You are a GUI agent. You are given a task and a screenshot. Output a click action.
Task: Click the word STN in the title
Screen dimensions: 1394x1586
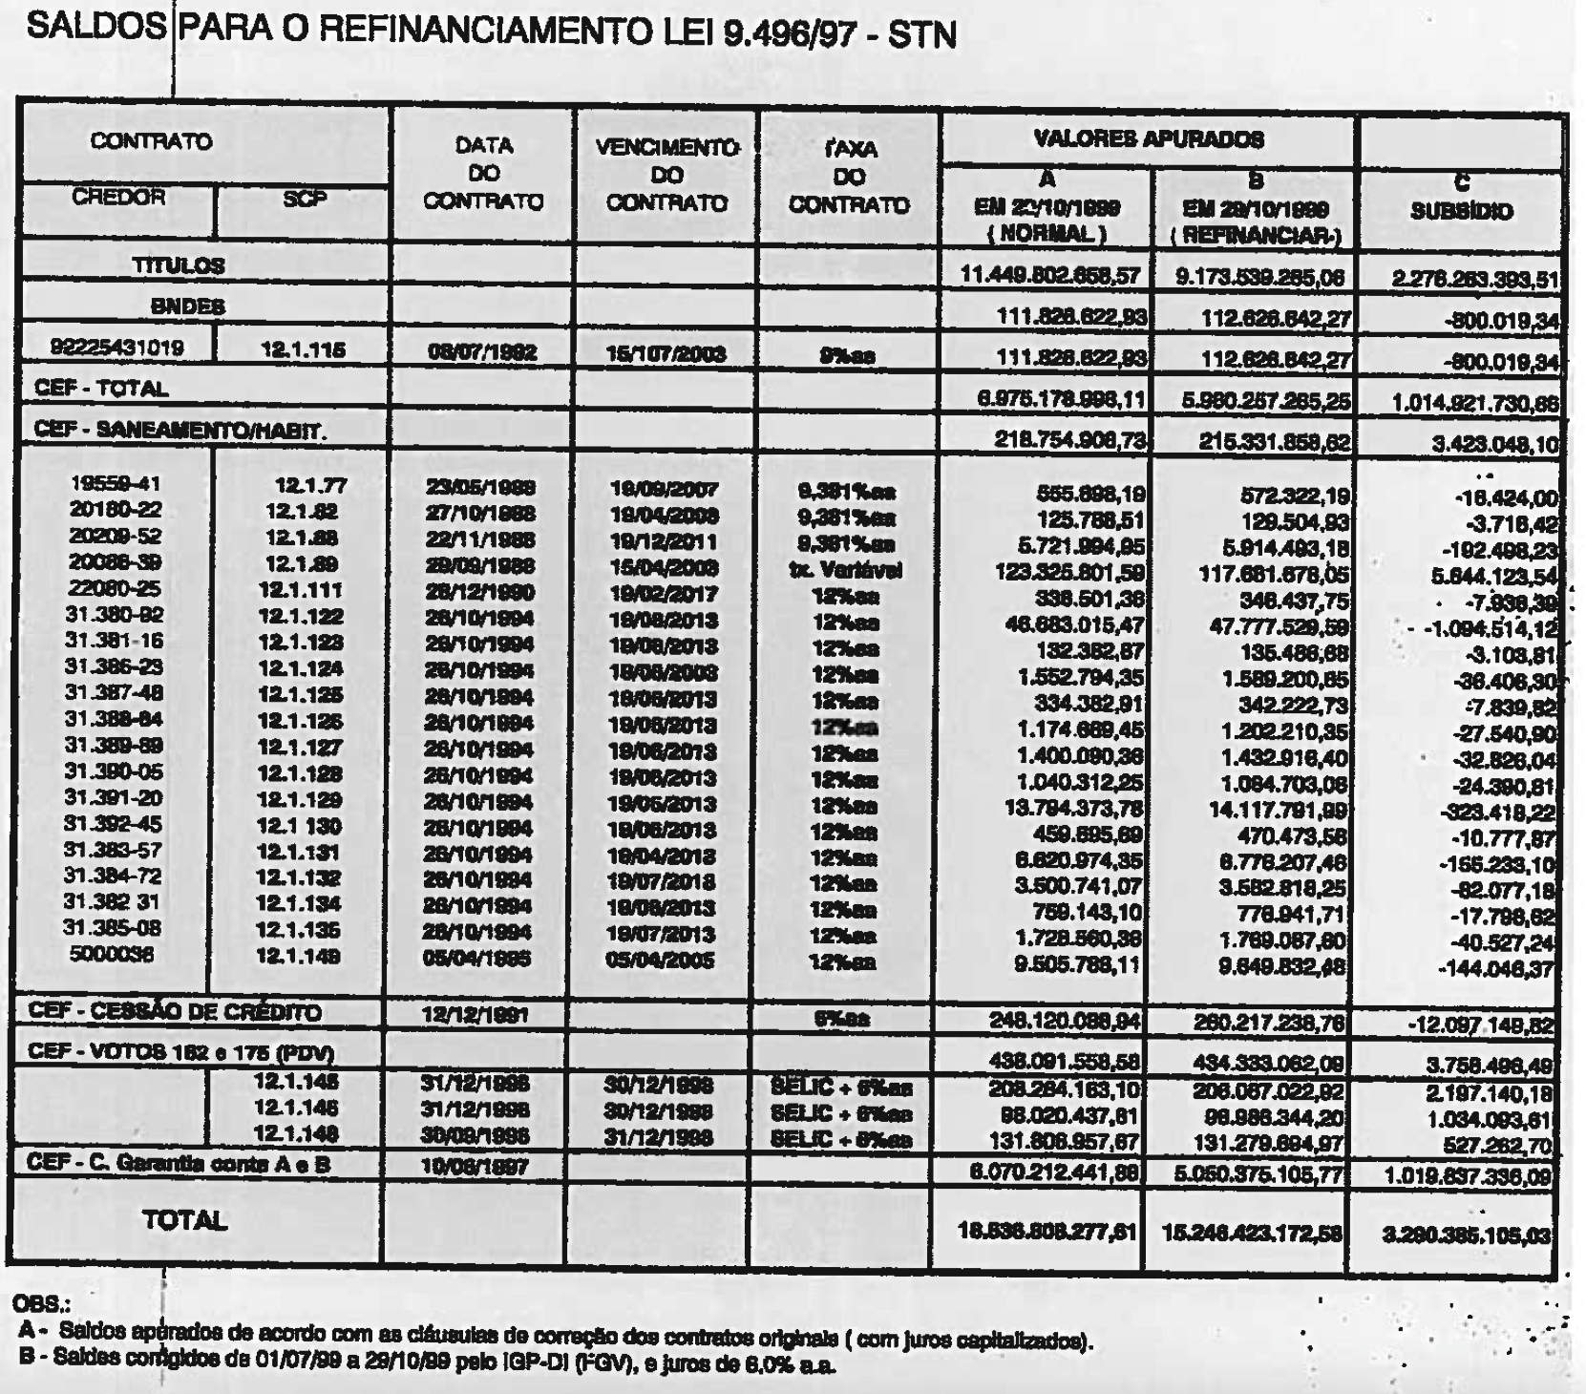921,34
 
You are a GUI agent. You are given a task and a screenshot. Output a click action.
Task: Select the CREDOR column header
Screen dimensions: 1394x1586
118,198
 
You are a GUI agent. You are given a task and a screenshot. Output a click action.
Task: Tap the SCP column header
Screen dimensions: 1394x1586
305,199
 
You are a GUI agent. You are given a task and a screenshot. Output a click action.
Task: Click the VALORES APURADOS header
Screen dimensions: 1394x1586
1149,139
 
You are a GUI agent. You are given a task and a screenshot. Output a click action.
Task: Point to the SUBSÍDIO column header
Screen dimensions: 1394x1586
1461,211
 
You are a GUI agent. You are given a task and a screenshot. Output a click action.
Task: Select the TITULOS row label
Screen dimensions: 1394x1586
179,265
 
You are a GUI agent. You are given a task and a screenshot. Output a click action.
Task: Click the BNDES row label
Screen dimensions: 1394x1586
187,306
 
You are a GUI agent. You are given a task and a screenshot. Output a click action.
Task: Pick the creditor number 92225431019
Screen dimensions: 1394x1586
117,348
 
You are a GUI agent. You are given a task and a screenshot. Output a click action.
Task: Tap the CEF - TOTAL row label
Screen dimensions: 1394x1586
101,389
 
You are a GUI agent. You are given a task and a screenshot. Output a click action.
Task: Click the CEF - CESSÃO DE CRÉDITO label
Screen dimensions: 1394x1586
175,1011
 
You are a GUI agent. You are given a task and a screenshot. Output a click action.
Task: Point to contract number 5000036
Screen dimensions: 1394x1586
112,954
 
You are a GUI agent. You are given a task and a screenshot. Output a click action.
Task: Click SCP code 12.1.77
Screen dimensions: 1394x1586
310,485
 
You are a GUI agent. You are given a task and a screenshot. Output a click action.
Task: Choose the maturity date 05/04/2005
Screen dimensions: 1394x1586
660,960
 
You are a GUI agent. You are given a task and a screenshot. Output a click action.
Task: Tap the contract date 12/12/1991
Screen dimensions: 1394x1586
475,1015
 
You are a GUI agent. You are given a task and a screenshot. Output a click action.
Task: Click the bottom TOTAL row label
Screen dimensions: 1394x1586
184,1220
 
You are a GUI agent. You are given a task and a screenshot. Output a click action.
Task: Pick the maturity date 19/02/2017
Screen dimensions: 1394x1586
664,594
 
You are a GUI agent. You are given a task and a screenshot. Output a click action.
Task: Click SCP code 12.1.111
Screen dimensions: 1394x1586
300,590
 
